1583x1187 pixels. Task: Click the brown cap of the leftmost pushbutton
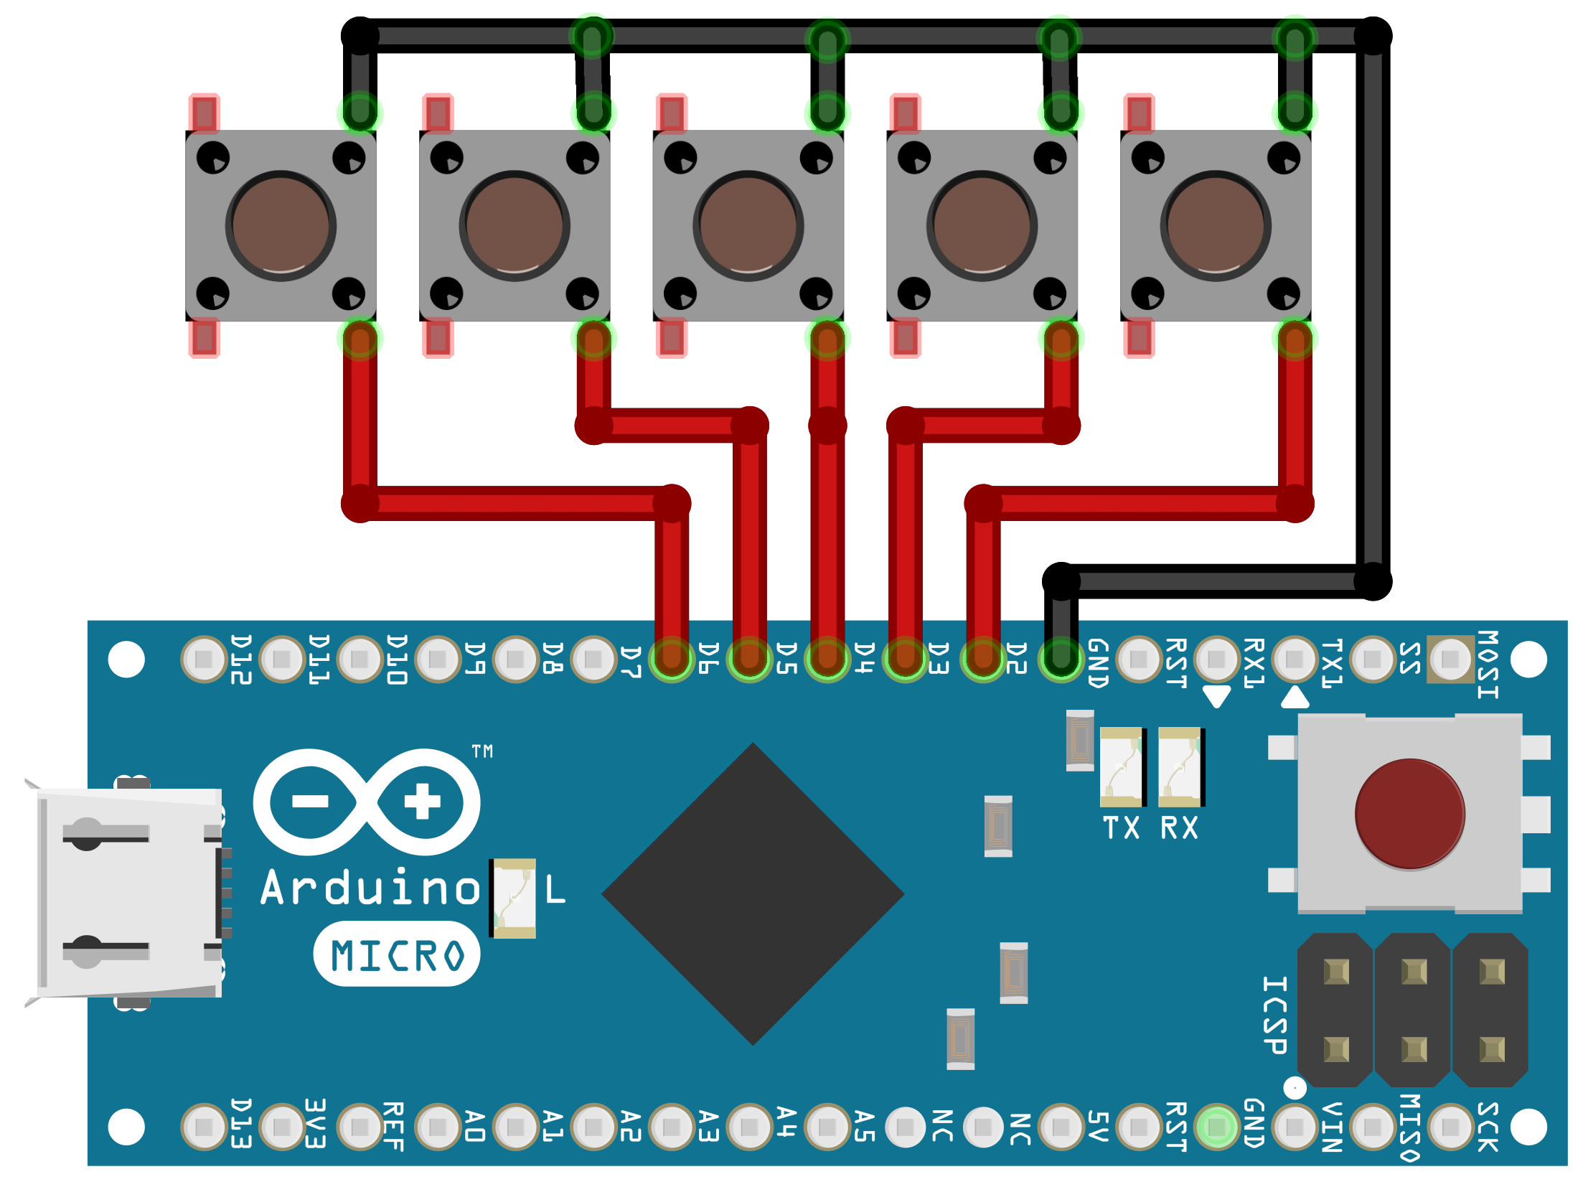[x=281, y=225]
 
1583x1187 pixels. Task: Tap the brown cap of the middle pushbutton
[x=748, y=225]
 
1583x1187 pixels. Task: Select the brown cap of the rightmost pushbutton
[x=1216, y=225]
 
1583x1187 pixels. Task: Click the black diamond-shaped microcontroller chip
[x=753, y=894]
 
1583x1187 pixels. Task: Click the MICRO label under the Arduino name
[x=397, y=955]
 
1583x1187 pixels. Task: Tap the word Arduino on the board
[x=370, y=888]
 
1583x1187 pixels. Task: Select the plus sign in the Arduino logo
[x=422, y=801]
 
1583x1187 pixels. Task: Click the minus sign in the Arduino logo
[x=310, y=802]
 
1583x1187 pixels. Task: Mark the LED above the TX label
[x=1122, y=767]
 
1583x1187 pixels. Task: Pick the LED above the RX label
[x=1180, y=767]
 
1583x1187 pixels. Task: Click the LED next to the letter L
[x=513, y=898]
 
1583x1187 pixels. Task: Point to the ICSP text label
[x=1274, y=1015]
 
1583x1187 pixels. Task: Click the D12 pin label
[x=241, y=660]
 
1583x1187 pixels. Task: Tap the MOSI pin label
[x=1488, y=664]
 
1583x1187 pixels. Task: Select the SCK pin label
[x=1488, y=1127]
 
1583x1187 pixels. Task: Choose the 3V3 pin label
[x=316, y=1123]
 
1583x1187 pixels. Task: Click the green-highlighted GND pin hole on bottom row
[x=1216, y=1127]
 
